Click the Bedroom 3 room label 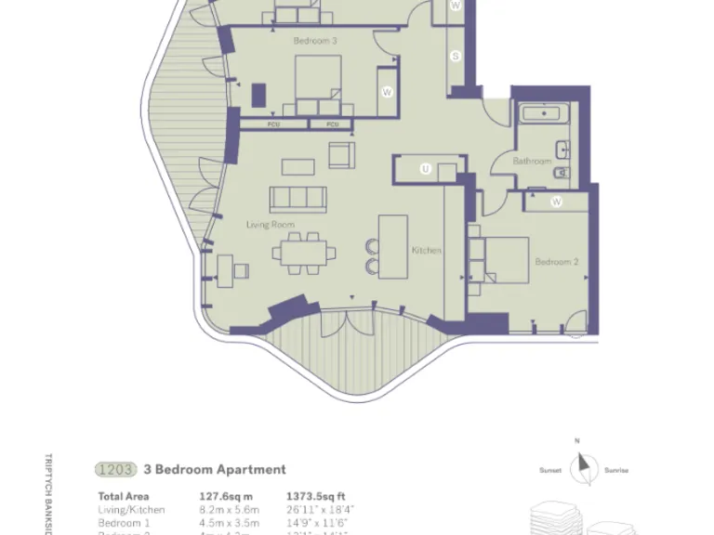tap(315, 41)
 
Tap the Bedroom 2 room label tap(556, 262)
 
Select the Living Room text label tap(270, 225)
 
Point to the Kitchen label tap(427, 251)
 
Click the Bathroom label tap(533, 162)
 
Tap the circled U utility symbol tap(425, 169)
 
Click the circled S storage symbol tap(456, 57)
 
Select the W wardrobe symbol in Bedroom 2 tap(556, 202)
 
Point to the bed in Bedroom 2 tap(504, 257)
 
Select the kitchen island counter tap(394, 244)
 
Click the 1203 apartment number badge tap(116, 469)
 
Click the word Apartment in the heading tap(251, 469)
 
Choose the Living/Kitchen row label tap(132, 509)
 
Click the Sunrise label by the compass tap(615, 471)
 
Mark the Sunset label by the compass tap(550, 471)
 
